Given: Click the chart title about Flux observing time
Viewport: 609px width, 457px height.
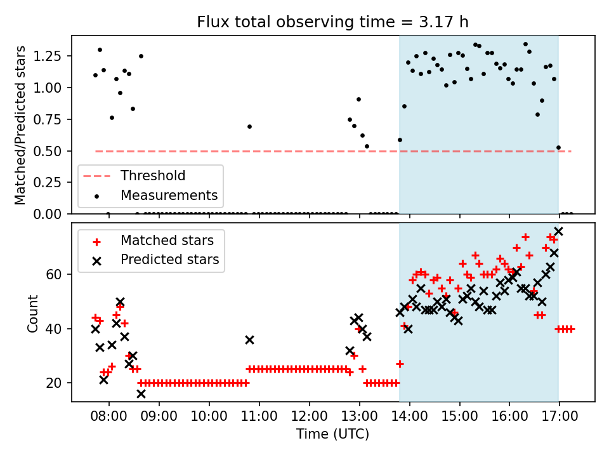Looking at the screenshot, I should (332, 22).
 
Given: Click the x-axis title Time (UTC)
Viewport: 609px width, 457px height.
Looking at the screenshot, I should (332, 435).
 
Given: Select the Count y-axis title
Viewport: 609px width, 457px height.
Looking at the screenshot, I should (32, 313).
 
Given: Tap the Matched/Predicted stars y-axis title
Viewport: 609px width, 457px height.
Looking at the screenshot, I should (20, 125).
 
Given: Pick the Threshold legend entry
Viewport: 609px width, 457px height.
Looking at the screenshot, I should (153, 176).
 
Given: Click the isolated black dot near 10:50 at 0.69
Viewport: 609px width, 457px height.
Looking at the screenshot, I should (249, 126).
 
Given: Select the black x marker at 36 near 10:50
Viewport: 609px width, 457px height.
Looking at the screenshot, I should (249, 340).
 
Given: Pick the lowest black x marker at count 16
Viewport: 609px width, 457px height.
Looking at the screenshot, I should (141, 394).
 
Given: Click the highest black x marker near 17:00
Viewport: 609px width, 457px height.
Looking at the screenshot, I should (558, 232).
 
